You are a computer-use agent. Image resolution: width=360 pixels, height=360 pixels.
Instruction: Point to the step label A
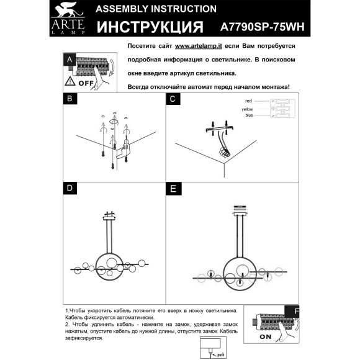point(69,60)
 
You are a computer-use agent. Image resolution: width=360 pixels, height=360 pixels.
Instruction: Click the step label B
point(70,98)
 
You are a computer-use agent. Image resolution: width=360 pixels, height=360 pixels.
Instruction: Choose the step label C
point(173,98)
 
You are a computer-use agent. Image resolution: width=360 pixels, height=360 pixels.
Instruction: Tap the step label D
point(70,187)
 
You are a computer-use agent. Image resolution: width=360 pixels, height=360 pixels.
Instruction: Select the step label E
point(173,187)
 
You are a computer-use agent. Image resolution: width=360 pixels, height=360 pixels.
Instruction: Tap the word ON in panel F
point(265,338)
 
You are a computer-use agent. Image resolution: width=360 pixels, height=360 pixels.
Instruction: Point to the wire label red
point(249,101)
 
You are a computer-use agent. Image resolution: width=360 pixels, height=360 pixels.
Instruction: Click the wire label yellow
point(248,109)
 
